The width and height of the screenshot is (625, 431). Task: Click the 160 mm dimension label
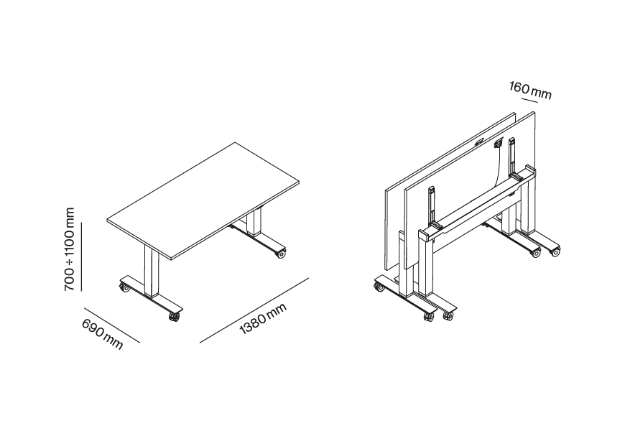tap(530, 90)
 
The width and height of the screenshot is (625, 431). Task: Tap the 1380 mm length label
tap(263, 318)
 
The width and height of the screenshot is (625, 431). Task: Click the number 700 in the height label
tap(70, 279)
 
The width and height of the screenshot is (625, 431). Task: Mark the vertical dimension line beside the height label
tap(81, 256)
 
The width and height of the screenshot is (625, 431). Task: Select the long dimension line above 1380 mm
tap(254, 310)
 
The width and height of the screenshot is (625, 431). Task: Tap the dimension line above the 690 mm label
tap(112, 325)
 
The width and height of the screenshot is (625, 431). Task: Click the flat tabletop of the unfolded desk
tap(203, 201)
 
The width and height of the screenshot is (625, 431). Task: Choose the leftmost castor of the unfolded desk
tap(124, 287)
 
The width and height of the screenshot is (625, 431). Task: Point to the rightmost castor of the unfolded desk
tap(281, 254)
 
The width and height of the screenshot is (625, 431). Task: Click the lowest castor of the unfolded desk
tap(174, 317)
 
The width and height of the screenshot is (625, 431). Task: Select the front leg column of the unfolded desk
tap(152, 270)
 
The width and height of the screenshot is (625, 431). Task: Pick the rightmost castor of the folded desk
tap(555, 251)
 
